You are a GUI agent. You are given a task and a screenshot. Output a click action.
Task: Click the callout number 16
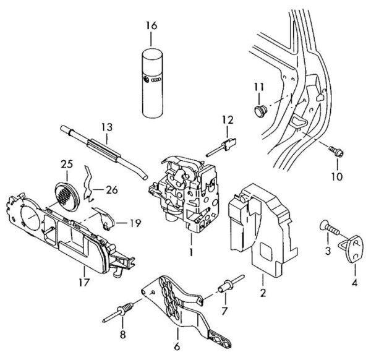[151, 25]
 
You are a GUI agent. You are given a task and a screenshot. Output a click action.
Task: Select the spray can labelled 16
[152, 83]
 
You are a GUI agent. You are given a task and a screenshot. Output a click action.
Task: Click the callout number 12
[228, 120]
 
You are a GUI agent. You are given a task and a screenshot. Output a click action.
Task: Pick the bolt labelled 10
[336, 150]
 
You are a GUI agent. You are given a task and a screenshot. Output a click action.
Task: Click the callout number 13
[107, 127]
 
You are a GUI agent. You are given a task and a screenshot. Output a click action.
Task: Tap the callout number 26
[112, 190]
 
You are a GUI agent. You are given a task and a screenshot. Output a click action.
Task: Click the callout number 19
[135, 223]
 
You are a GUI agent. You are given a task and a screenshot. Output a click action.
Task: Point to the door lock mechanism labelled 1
[184, 194]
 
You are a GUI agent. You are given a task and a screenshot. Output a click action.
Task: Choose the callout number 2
[263, 293]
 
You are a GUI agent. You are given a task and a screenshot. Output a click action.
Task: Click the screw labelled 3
[330, 227]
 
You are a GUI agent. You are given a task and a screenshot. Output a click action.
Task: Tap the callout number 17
[84, 282]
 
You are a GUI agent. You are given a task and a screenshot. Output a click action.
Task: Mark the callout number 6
[177, 347]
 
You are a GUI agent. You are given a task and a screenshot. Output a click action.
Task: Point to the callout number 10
[337, 176]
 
